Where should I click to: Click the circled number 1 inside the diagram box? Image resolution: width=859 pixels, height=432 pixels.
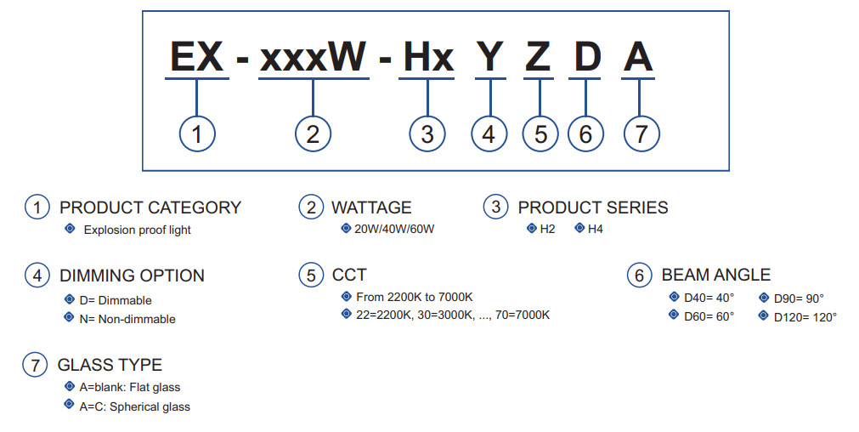point(197,134)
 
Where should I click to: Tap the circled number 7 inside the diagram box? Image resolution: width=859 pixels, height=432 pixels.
point(641,134)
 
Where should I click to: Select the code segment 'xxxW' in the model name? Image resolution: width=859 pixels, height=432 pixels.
point(313,57)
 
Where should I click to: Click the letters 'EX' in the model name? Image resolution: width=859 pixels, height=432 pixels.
point(197,57)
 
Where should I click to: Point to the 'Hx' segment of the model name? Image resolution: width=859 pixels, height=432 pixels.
point(428,57)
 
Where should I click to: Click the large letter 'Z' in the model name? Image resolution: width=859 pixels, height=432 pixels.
point(538,57)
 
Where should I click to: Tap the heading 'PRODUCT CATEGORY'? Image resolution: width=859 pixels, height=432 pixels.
point(150,207)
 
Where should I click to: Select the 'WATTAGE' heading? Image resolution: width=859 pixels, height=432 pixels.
point(371,207)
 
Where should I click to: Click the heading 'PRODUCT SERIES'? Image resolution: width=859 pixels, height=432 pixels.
point(593,207)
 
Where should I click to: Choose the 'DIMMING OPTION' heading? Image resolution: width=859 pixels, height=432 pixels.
point(132,276)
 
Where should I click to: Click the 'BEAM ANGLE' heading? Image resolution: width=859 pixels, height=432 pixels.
point(716,276)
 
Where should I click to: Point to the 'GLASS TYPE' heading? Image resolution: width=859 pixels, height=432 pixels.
point(110,366)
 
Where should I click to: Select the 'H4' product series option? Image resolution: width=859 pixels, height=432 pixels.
point(595,229)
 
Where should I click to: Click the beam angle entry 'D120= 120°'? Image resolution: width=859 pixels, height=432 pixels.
point(805,316)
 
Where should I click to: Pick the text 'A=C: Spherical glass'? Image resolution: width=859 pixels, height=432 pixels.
point(135,406)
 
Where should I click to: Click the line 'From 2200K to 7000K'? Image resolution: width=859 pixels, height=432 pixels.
point(414,297)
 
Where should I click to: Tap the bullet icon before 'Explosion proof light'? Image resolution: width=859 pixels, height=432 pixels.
point(70,229)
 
